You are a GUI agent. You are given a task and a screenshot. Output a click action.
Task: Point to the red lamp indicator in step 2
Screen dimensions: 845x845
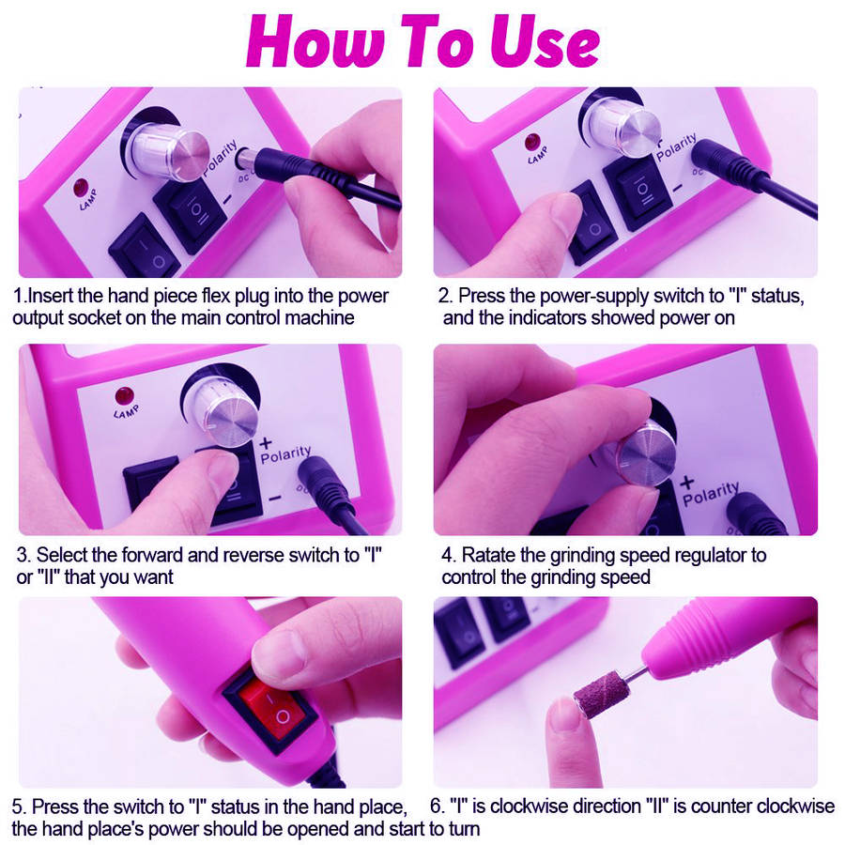533,143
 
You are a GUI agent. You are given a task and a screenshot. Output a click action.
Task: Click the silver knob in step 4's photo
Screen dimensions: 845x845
647,453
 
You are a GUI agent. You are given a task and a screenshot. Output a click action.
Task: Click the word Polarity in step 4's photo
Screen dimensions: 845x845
711,494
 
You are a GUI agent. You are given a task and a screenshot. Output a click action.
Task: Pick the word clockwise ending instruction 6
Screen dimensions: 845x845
794,806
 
